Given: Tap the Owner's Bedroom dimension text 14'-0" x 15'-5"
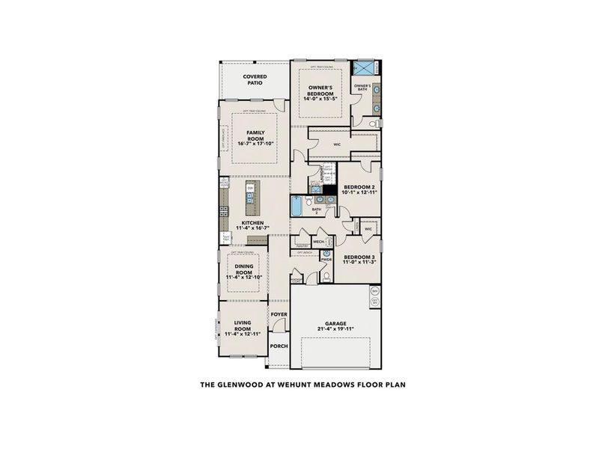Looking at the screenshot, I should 320,99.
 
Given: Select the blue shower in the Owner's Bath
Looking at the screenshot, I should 365,70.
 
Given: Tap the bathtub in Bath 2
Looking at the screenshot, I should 296,205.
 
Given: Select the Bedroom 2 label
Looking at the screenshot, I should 358,187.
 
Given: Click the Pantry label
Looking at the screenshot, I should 302,245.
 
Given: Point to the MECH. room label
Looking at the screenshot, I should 318,242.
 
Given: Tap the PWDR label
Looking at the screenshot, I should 326,261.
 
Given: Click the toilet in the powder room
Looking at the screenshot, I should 326,275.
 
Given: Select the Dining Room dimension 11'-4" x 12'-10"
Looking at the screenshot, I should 247,278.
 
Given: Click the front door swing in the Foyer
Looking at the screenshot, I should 279,325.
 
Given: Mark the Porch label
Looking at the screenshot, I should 279,346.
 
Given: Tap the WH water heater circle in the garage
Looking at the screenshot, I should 374,290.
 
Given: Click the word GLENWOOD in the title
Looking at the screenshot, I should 238,386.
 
